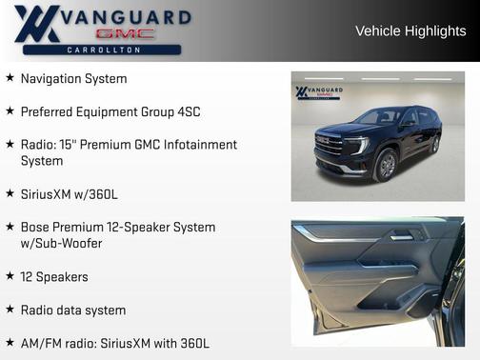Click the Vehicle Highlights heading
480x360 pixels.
point(410,30)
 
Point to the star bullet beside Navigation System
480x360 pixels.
point(10,78)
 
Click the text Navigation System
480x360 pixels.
point(73,79)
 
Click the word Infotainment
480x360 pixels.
point(197,145)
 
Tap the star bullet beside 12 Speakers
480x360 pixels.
point(10,276)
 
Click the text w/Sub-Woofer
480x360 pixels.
point(61,244)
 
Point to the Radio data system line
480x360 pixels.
point(73,310)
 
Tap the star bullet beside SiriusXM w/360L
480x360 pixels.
point(10,193)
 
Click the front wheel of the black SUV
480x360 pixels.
point(387,166)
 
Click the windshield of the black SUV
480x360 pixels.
point(379,117)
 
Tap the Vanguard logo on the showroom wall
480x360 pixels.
point(319,93)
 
